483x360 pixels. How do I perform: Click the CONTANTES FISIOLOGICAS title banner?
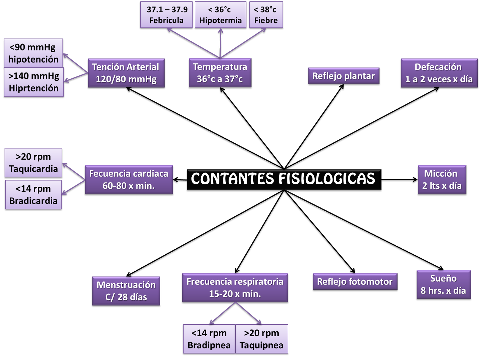pyautogui.click(x=283, y=179)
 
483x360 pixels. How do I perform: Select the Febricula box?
pyautogui.click(x=166, y=15)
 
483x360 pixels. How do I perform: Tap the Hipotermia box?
pyautogui.click(x=221, y=15)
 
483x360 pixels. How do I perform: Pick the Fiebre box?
pyautogui.click(x=266, y=15)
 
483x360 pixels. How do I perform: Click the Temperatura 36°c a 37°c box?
pyautogui.click(x=220, y=73)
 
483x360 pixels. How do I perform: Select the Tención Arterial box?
pyautogui.click(x=126, y=73)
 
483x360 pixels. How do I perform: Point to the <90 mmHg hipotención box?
pyautogui.click(x=33, y=53)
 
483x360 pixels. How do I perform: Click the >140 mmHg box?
pyautogui.click(x=34, y=82)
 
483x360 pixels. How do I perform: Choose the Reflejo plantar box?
pyautogui.click(x=344, y=76)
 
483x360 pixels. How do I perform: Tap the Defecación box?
pyautogui.click(x=439, y=73)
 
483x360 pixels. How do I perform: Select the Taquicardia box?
pyautogui.click(x=33, y=163)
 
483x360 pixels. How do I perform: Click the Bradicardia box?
pyautogui.click(x=33, y=195)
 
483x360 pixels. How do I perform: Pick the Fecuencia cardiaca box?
pyautogui.click(x=129, y=180)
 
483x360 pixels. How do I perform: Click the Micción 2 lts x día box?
pyautogui.click(x=442, y=180)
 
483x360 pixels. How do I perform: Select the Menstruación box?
pyautogui.click(x=126, y=291)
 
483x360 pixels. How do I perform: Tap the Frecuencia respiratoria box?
pyautogui.click(x=235, y=288)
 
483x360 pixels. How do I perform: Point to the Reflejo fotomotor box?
pyautogui.click(x=355, y=282)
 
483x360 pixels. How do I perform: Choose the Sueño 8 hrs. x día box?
pyautogui.click(x=443, y=285)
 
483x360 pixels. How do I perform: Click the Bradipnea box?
pyautogui.click(x=209, y=339)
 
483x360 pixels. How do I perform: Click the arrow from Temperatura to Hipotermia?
pyautogui.click(x=221, y=44)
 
